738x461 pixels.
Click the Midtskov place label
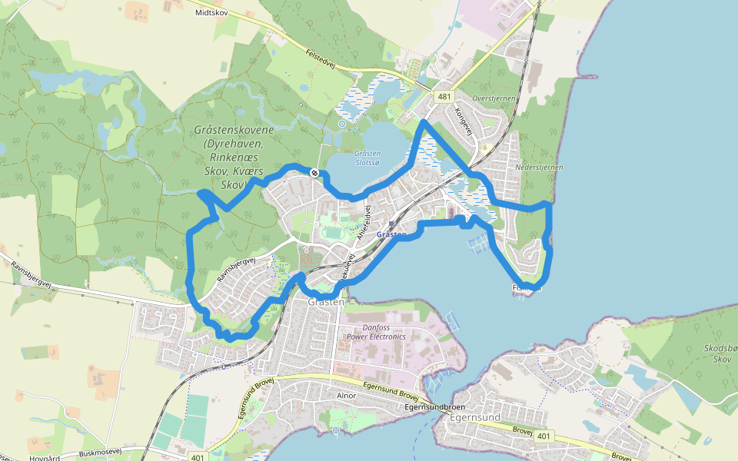[x=211, y=13]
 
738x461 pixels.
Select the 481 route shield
[x=444, y=97]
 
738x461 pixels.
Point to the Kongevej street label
[x=462, y=121]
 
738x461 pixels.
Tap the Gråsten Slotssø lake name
[x=367, y=158]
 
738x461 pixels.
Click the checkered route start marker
[x=314, y=173]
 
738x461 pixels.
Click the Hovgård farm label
[x=45, y=457]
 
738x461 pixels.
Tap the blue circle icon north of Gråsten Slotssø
[x=342, y=123]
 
